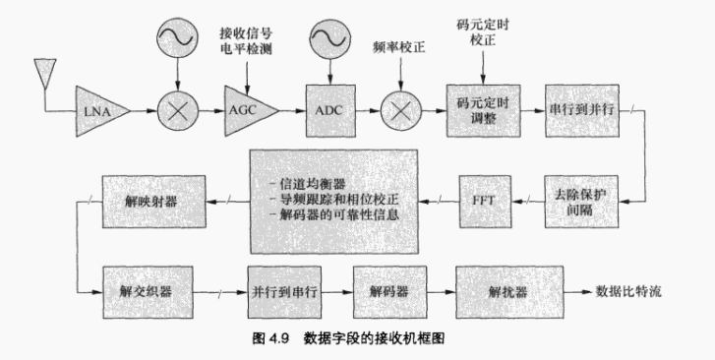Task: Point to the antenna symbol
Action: tap(42, 71)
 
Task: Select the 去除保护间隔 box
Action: tap(582, 200)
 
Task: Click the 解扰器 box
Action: tap(501, 291)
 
